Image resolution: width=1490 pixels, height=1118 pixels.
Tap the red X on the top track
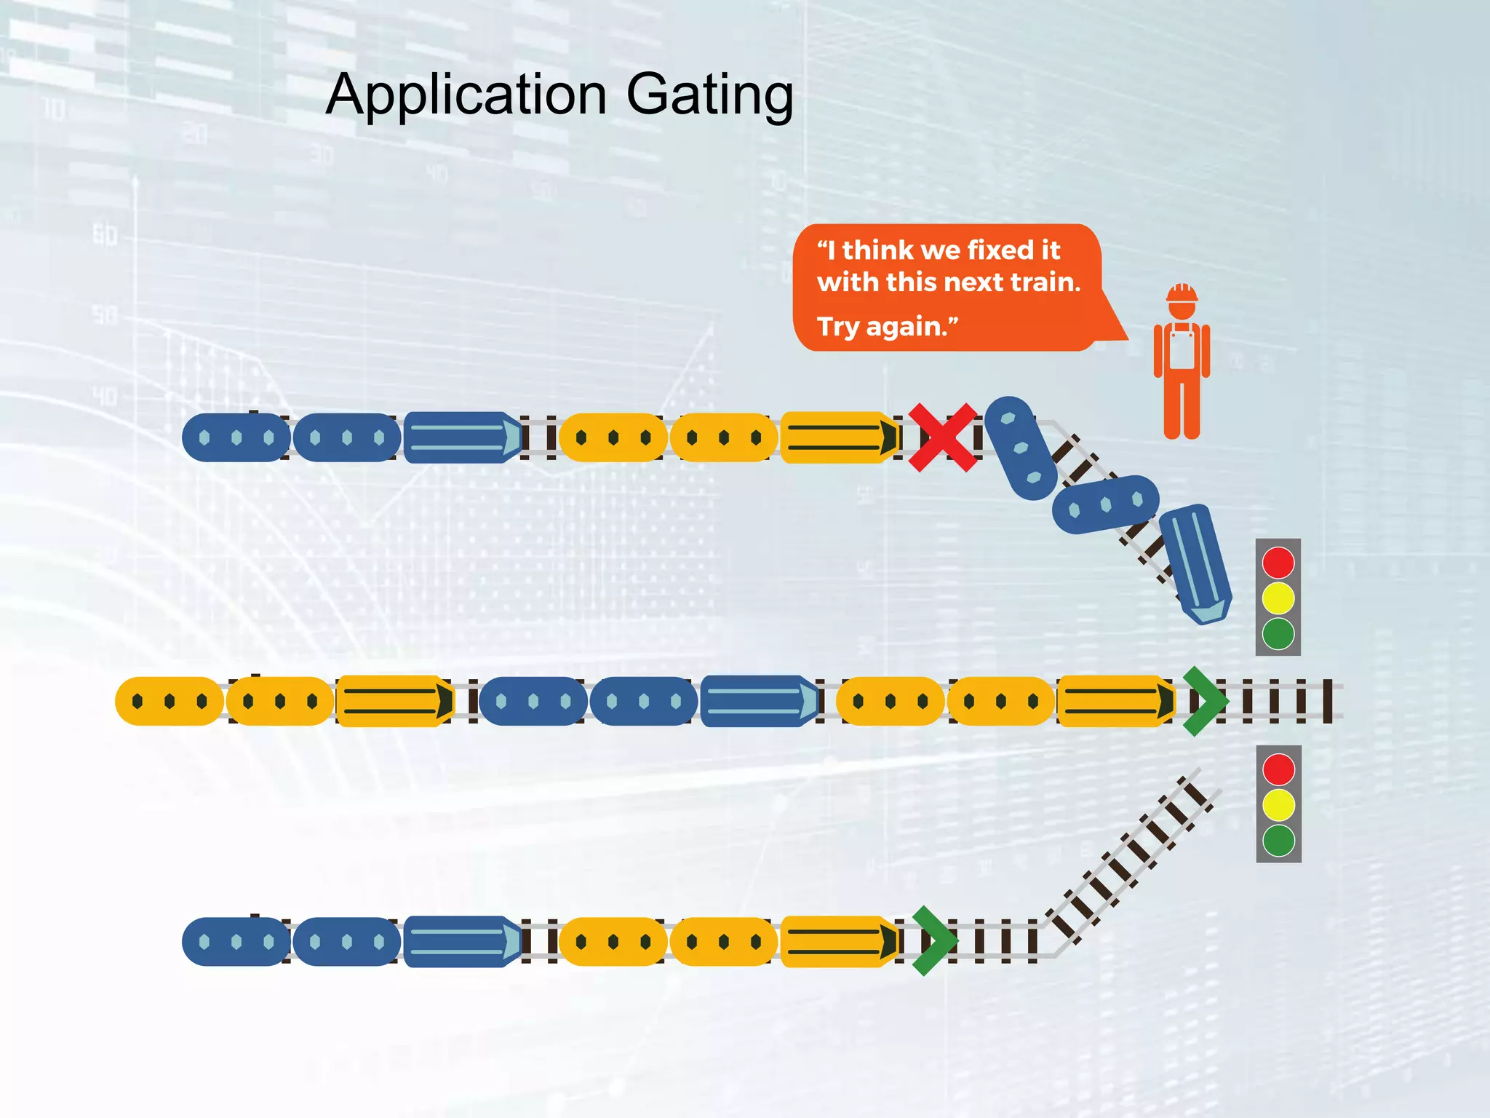943,437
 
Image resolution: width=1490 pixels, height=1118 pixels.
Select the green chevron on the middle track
1205,700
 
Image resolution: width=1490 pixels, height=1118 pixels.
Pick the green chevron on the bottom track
934,940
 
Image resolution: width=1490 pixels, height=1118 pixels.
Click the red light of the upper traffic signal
1278,563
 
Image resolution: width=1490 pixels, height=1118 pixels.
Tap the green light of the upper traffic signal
1278,633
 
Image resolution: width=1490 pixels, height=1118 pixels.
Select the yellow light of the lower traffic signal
1278,805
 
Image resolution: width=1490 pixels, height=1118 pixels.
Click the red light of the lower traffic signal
1278,769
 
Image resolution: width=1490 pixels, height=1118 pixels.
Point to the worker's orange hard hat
1182,293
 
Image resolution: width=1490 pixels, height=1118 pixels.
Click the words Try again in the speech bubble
886,327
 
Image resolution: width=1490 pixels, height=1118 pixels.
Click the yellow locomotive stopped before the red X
838,437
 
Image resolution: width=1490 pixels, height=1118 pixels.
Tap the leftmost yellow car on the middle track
169,701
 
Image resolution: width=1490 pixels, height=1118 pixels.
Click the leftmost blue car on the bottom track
236,941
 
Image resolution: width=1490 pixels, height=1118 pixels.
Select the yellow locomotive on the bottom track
838,941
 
